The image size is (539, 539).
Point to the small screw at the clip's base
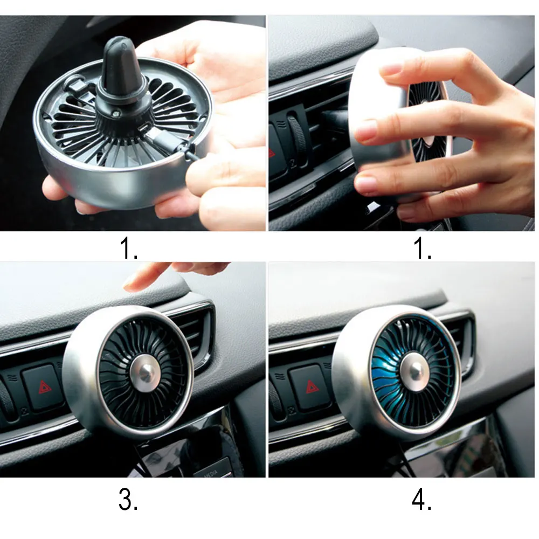point(116,113)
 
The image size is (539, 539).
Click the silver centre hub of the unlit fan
point(145,372)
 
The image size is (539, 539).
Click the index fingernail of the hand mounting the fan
point(391,70)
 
